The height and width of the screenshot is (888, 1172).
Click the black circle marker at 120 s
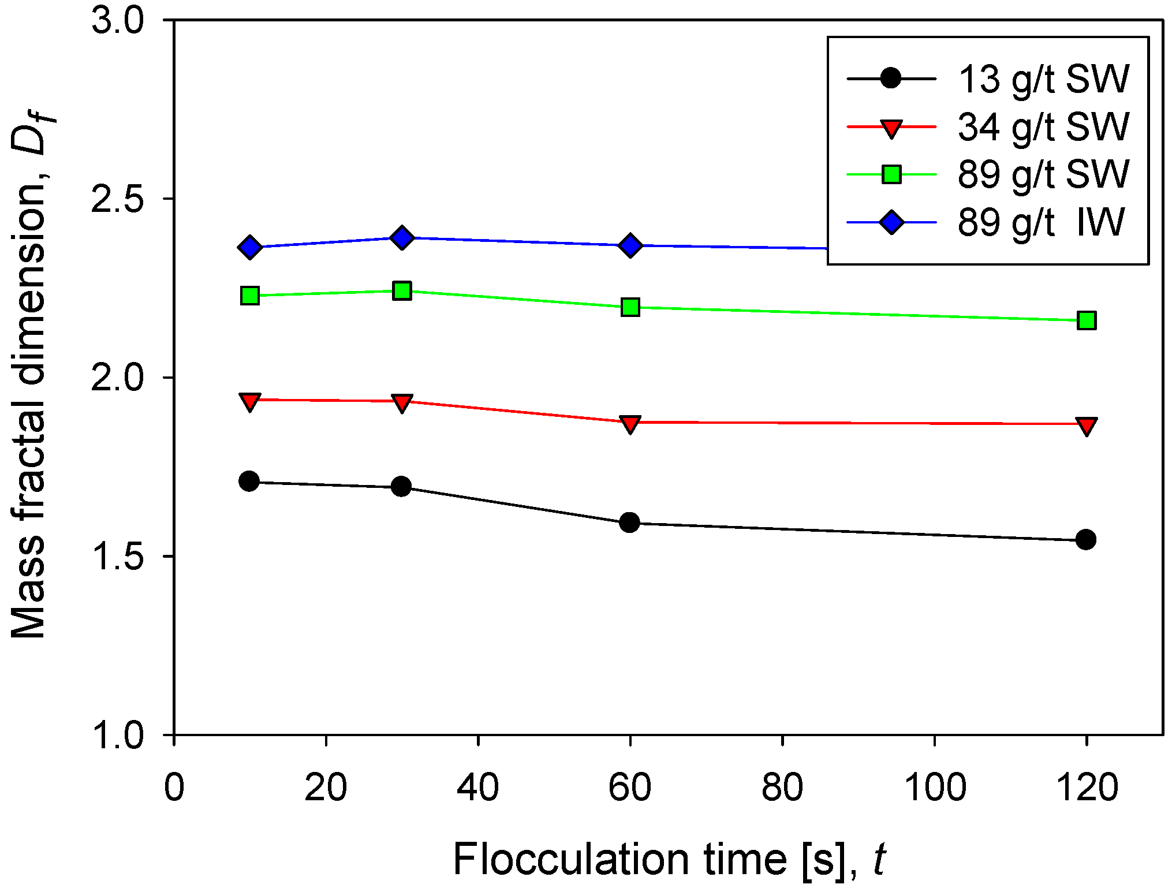(1086, 540)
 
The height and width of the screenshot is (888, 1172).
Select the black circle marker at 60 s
(629, 523)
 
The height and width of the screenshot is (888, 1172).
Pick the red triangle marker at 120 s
(1087, 426)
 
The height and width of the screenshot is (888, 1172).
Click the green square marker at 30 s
(402, 290)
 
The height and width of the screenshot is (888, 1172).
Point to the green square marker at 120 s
(1087, 320)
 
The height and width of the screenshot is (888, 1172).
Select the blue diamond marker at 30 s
(402, 237)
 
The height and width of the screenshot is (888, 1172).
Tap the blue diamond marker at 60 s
(630, 245)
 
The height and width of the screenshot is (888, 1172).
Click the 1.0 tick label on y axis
(118, 735)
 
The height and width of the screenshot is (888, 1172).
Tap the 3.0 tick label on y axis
(118, 21)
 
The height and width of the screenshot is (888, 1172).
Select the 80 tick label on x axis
(782, 787)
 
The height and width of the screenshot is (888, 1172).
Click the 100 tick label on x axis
(934, 787)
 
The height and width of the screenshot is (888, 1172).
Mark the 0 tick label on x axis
(174, 787)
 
